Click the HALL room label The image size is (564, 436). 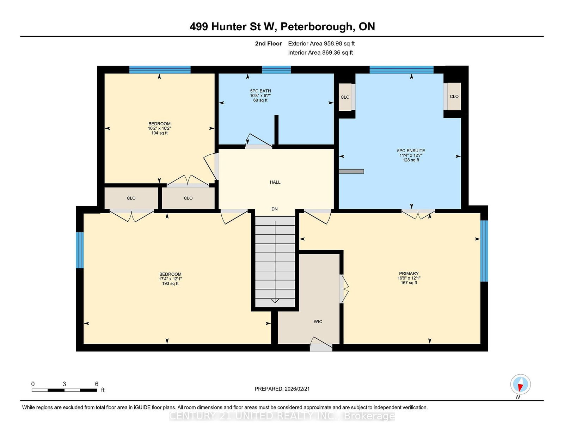point(275,182)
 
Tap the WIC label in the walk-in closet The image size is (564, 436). point(318,321)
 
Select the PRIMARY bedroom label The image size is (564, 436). point(409,274)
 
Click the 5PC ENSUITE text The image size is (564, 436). point(411,151)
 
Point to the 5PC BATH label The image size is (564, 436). point(260,91)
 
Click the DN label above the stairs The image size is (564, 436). point(275,209)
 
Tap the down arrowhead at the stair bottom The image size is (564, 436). point(275,301)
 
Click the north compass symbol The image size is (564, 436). point(520,384)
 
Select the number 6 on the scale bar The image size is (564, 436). point(97,384)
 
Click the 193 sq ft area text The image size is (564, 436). point(170,283)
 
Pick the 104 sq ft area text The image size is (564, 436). point(159,133)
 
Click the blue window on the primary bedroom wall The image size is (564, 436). point(484,251)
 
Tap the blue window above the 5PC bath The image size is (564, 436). point(276,70)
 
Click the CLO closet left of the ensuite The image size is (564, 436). point(345,97)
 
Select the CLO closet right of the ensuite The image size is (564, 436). point(454,96)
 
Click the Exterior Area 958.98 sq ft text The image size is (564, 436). point(321,43)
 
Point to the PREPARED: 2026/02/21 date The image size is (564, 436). point(282,389)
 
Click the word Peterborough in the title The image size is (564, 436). point(317,26)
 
